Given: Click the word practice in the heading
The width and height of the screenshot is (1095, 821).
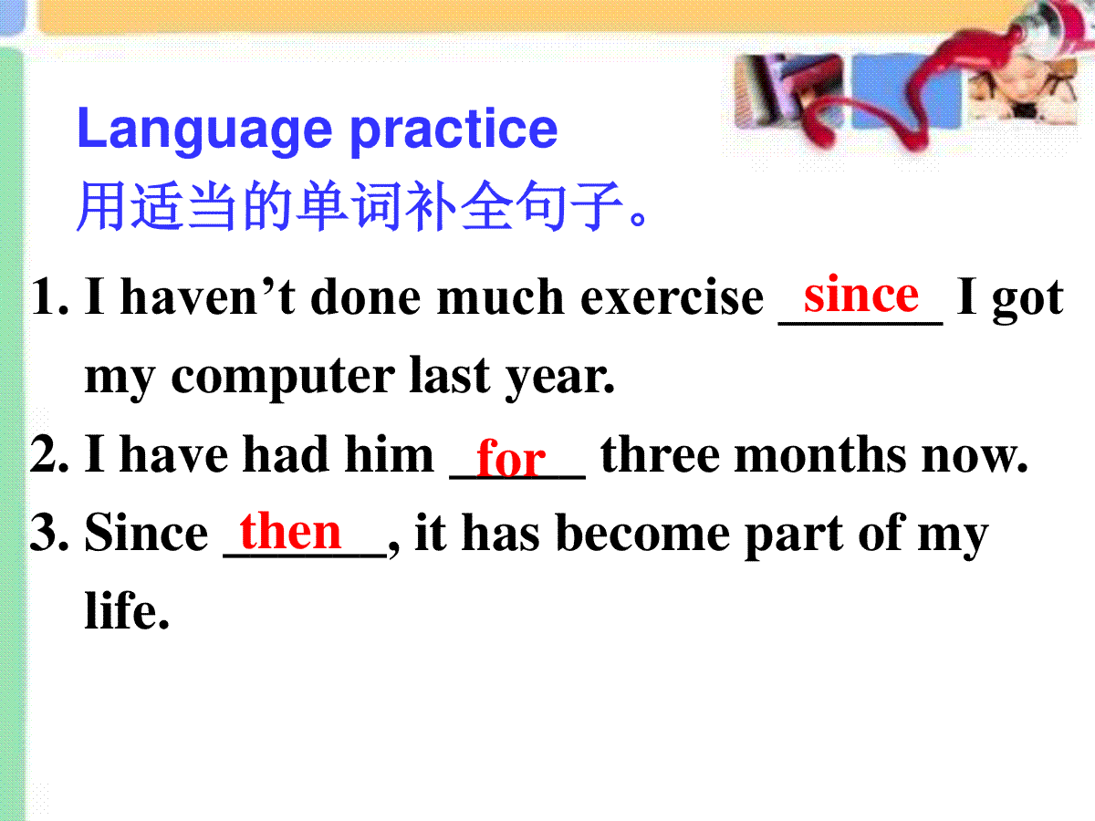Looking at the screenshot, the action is (x=453, y=131).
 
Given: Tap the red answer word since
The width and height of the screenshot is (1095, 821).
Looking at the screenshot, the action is (x=861, y=294).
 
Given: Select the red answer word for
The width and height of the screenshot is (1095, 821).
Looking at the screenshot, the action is (x=511, y=457).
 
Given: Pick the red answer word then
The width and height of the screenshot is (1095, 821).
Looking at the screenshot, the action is (x=290, y=531).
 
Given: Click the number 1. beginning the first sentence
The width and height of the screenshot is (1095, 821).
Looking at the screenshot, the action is (x=49, y=297).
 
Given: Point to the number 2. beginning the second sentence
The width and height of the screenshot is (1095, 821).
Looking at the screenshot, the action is (x=49, y=453).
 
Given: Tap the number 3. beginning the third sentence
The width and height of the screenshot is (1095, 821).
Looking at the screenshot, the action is (x=49, y=533).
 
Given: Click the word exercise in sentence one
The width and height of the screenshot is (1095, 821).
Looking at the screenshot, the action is (x=672, y=297).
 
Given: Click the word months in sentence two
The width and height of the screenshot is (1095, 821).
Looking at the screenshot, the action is (x=819, y=453).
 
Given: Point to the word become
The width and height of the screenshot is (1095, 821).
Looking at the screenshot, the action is (x=643, y=533).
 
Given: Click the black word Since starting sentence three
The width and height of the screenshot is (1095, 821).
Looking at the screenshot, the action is (x=146, y=533).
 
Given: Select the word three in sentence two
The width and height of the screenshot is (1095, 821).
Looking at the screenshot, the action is (x=660, y=453).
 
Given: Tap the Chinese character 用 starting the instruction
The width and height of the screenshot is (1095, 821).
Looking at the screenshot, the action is (x=100, y=206).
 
